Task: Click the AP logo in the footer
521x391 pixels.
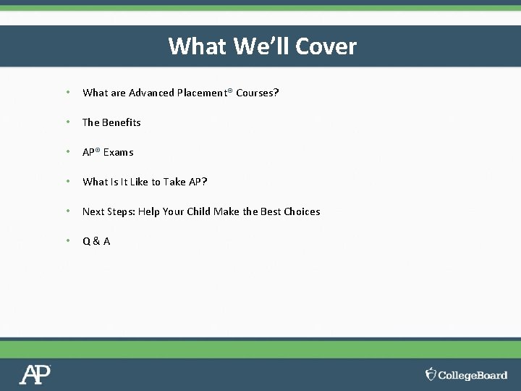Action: (35, 374)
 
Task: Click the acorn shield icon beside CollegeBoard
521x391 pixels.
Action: (431, 374)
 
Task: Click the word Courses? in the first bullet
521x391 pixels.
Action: (258, 93)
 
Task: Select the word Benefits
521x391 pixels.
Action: (122, 122)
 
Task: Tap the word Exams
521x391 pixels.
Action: (119, 152)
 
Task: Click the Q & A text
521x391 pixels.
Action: (96, 241)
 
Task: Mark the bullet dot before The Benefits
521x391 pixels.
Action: (67, 122)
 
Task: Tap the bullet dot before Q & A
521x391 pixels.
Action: (67, 240)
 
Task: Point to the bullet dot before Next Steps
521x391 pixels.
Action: (67, 211)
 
